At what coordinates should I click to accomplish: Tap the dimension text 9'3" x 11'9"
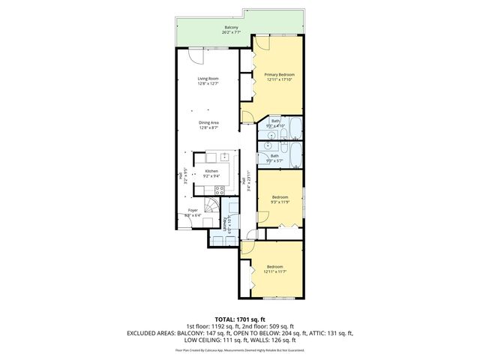[280, 202]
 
